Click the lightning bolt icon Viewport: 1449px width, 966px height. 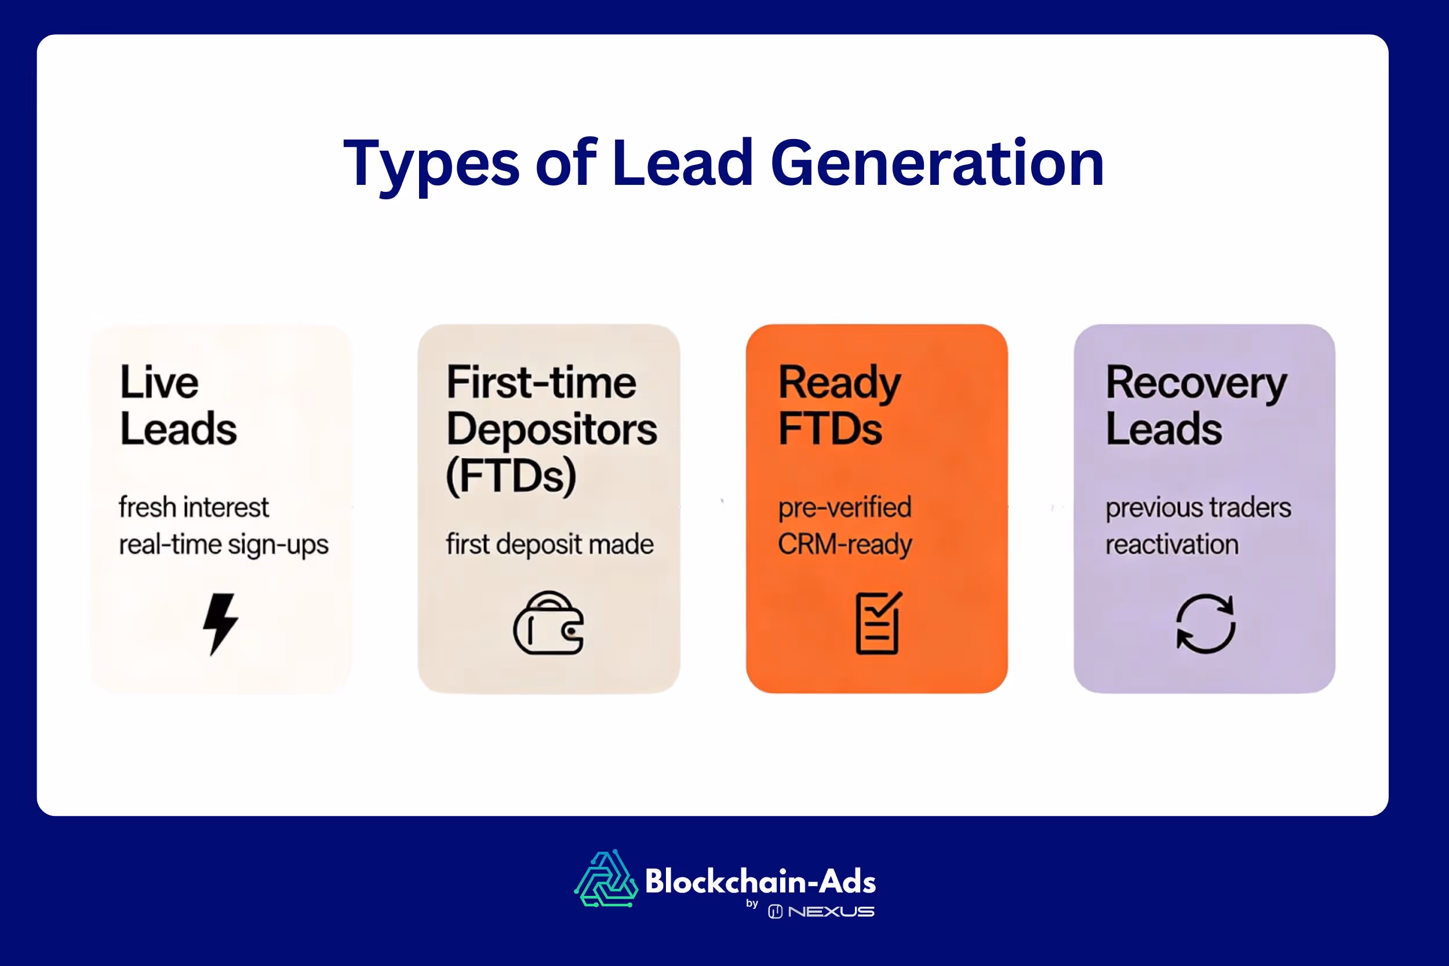220,624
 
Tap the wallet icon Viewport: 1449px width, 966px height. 548,624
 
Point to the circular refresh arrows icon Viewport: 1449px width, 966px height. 1205,624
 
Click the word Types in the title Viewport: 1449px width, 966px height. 431,164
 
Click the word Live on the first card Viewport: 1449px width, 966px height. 159,382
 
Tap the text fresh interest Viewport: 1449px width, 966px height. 194,508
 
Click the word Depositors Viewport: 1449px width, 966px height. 551,429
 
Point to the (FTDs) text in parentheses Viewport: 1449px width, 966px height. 511,476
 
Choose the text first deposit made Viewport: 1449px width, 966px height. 549,545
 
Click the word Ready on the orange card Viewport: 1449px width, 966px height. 839,383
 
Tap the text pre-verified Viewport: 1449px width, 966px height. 844,508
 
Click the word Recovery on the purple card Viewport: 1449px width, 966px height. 1196,383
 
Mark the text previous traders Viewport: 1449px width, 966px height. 1197,508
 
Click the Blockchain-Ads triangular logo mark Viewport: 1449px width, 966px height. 606,879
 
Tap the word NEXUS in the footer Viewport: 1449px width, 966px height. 831,911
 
